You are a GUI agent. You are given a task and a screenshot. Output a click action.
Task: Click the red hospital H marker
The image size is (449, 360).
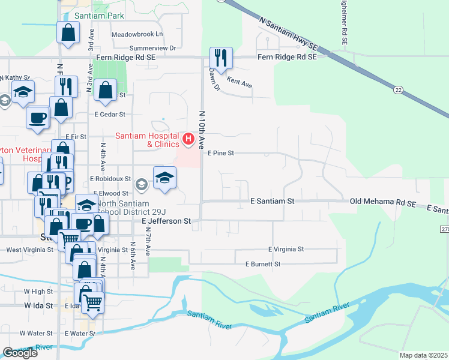point(188,140)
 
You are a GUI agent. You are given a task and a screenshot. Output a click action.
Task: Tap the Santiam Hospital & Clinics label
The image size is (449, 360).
point(147,140)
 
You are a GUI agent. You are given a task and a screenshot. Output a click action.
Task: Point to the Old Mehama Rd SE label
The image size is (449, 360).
point(383,204)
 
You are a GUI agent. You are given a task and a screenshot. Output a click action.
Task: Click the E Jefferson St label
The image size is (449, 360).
point(166,221)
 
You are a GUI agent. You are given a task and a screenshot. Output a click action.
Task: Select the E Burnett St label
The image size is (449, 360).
point(263,264)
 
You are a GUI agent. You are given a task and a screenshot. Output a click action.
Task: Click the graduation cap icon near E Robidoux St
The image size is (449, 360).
point(165,177)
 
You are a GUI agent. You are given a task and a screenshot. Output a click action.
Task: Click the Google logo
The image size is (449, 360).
point(20,353)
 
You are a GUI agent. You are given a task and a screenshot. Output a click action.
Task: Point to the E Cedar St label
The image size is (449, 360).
point(110,114)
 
